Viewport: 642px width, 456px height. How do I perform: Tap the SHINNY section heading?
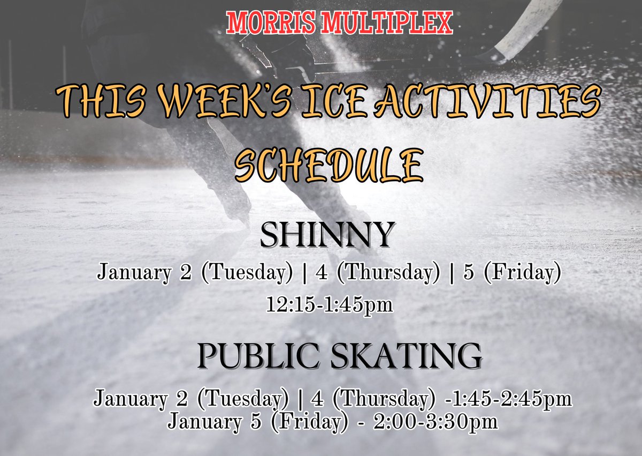pyautogui.click(x=327, y=235)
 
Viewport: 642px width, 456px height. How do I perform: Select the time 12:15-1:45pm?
pyautogui.click(x=330, y=305)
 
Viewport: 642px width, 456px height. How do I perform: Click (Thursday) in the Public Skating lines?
pyautogui.click(x=384, y=399)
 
